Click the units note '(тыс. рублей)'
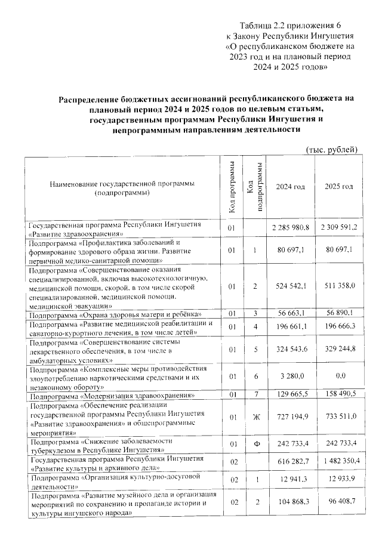tap(331, 149)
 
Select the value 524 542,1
tap(291, 286)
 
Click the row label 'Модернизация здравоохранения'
tap(113, 396)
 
